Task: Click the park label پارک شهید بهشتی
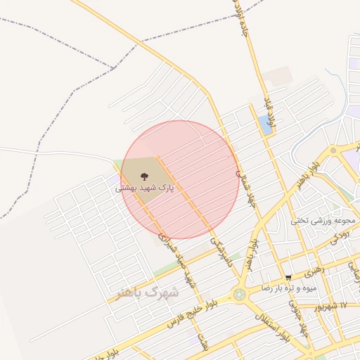[145, 188]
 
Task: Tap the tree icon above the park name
[145, 177]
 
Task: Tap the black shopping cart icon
[288, 278]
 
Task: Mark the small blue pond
[265, 125]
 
